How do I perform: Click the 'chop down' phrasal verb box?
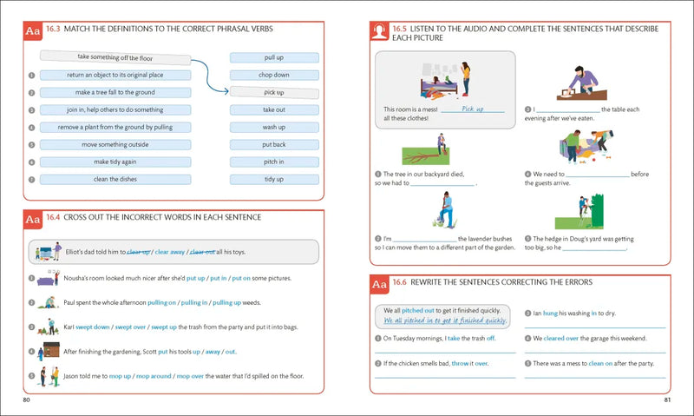[x=274, y=75]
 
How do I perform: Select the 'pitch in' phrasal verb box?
[x=274, y=162]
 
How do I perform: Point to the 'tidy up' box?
[x=274, y=179]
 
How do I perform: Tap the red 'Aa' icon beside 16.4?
[x=33, y=220]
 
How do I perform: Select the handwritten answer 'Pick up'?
[x=472, y=109]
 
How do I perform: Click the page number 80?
[x=28, y=400]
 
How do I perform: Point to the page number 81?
[x=667, y=400]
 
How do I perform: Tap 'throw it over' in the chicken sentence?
[x=468, y=363]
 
